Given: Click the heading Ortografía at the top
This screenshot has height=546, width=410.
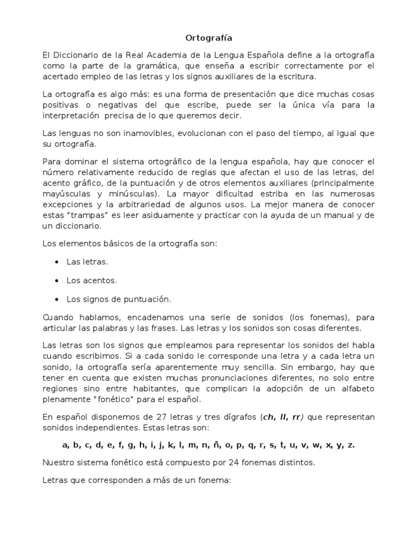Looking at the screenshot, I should tap(205, 38).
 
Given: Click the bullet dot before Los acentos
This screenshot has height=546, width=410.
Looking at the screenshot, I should tap(57, 280).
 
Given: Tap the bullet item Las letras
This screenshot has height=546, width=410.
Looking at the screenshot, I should tap(87, 262).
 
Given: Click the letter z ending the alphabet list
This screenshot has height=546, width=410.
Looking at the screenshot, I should tap(351, 445).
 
